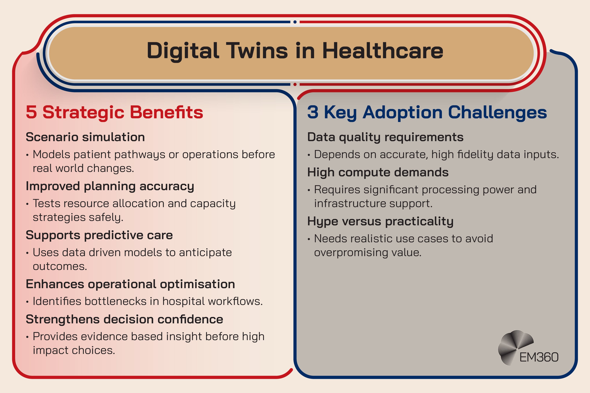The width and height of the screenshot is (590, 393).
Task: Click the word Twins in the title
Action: click(257, 51)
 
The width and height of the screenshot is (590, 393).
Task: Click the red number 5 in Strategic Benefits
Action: click(31, 112)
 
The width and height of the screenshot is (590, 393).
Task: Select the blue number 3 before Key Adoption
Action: click(313, 112)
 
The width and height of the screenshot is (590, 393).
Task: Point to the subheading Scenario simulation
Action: click(85, 137)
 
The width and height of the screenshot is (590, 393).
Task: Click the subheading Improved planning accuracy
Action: click(110, 186)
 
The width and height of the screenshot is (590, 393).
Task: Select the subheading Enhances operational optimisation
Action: click(130, 284)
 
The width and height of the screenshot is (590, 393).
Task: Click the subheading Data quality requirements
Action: click(385, 137)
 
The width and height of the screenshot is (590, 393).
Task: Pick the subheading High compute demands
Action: click(378, 172)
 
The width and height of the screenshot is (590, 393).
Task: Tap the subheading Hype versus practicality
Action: click(380, 221)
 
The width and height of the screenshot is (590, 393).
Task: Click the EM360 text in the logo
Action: click(539, 357)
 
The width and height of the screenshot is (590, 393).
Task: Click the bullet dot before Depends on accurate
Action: click(309, 155)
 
